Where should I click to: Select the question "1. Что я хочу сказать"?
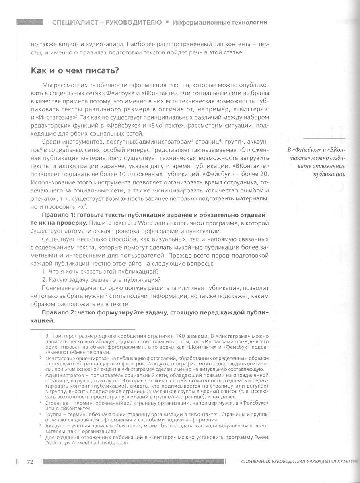point(95,272)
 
